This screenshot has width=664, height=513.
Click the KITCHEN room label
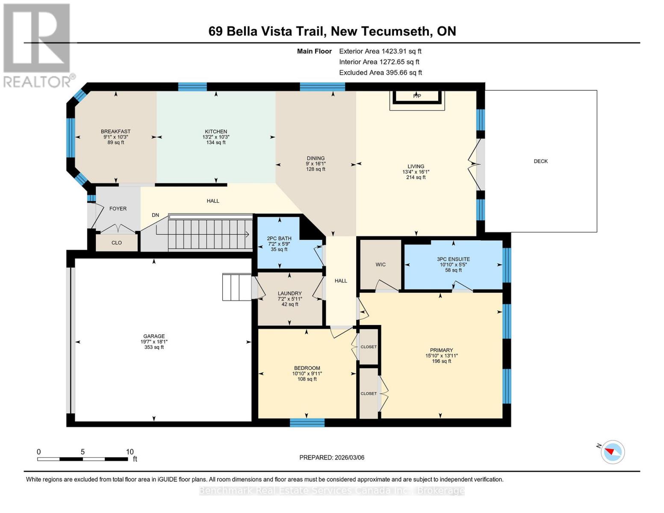tap(216, 132)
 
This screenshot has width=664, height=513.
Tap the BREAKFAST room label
tap(115, 131)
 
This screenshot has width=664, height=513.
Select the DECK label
tap(540, 161)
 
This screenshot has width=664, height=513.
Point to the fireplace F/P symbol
tap(417, 96)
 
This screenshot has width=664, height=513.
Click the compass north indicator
tap(612, 452)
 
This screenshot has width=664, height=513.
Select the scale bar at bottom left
tap(83, 459)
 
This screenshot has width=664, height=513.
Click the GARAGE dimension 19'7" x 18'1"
tap(154, 342)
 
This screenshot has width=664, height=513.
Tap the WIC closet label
tap(381, 265)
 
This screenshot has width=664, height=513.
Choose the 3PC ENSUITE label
tap(453, 259)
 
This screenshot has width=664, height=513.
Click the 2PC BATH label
tap(279, 239)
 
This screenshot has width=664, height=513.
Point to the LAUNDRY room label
tap(289, 294)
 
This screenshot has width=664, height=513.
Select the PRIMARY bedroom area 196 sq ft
tap(441, 361)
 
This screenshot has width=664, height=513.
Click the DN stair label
tap(156, 215)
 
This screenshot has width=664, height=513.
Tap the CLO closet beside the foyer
tap(117, 243)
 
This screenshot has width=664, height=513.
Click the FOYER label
tap(118, 209)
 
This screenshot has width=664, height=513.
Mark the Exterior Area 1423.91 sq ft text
tap(380, 51)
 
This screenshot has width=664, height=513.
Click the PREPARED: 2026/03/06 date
tap(332, 457)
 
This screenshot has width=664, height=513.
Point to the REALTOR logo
tap(37, 45)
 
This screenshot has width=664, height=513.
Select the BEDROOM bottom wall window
tap(307, 423)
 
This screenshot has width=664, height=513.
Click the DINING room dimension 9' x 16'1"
tap(316, 164)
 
